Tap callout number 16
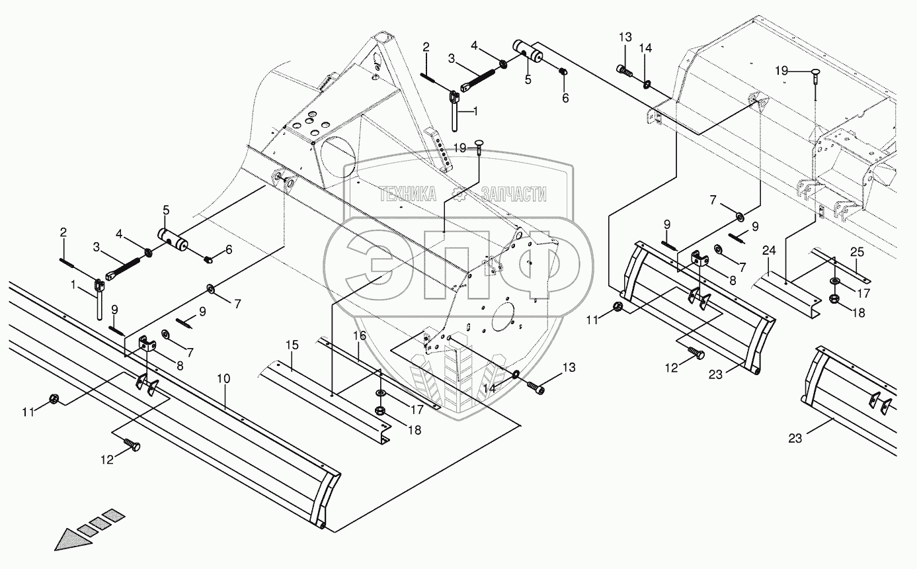tap(359, 335)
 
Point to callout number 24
tap(769, 251)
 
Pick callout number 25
tap(857, 251)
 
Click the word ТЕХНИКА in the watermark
tap(407, 194)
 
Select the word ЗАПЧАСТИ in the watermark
tap(514, 194)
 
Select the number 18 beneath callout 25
tap(858, 313)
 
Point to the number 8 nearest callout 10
tap(179, 365)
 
